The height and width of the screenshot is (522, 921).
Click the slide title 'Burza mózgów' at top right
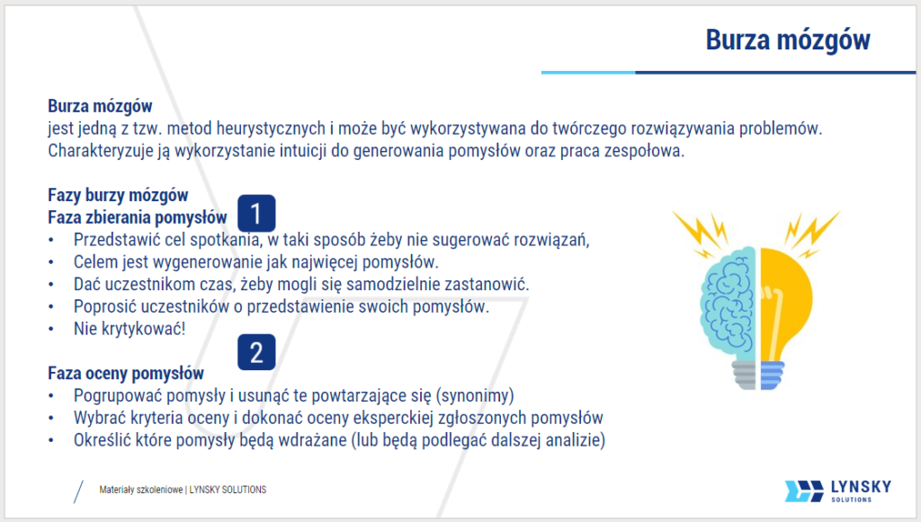pos(787,40)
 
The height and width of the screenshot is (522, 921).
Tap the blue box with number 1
pos(256,214)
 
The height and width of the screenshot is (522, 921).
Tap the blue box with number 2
pos(256,353)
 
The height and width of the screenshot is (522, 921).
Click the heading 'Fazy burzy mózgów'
pos(118,195)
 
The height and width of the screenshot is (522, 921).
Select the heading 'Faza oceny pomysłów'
pos(126,373)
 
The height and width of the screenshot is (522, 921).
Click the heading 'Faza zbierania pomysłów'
pos(137,217)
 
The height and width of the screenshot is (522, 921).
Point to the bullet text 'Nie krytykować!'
pos(130,329)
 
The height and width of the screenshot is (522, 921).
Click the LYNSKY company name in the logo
pos(857,486)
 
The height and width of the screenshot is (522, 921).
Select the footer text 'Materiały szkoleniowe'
pos(140,490)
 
